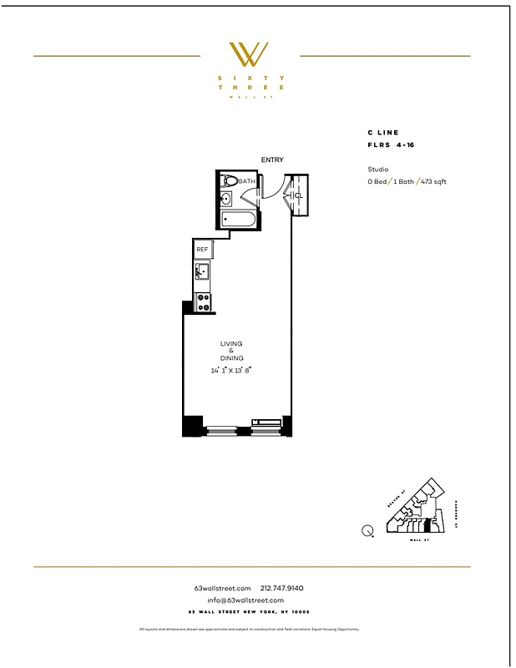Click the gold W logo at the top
(249, 54)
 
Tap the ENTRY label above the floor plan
(271, 160)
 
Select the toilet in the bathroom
(230, 180)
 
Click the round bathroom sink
(225, 199)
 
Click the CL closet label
(298, 195)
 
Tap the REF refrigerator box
(202, 250)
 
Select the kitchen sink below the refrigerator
(201, 271)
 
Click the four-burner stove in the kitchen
(202, 302)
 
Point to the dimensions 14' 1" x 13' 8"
(232, 369)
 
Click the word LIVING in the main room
(231, 343)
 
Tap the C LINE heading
(383, 133)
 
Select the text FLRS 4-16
(391, 144)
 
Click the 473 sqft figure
(433, 181)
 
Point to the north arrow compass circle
(367, 529)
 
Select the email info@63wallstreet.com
(245, 600)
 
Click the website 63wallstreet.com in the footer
(222, 588)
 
